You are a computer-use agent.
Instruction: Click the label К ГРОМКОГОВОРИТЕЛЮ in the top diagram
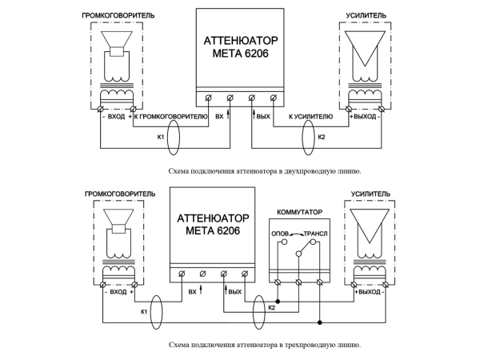pyautogui.click(x=171, y=117)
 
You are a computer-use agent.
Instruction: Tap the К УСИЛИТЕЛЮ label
pyautogui.click(x=310, y=117)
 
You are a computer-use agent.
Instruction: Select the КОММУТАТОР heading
pyautogui.click(x=299, y=212)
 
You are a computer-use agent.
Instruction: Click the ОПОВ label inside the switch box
pyautogui.click(x=280, y=234)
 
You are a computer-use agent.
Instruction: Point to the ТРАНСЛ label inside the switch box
pyautogui.click(x=315, y=234)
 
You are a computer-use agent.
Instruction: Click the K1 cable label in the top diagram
pyautogui.click(x=161, y=137)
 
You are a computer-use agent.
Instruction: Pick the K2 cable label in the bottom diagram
pyautogui.click(x=271, y=307)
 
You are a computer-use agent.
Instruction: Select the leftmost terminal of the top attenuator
pyautogui.click(x=209, y=98)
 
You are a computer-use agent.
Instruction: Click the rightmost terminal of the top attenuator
pyautogui.click(x=274, y=98)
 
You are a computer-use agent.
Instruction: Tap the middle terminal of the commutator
pyautogui.click(x=298, y=282)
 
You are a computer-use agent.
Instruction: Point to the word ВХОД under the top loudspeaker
pyautogui.click(x=116, y=117)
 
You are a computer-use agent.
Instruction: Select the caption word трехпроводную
pyautogui.click(x=306, y=345)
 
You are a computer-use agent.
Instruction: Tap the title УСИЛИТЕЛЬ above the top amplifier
pyautogui.click(x=366, y=16)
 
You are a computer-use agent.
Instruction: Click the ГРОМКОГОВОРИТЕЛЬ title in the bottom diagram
pyautogui.click(x=120, y=194)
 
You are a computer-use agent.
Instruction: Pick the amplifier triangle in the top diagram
pyautogui.click(x=365, y=31)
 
